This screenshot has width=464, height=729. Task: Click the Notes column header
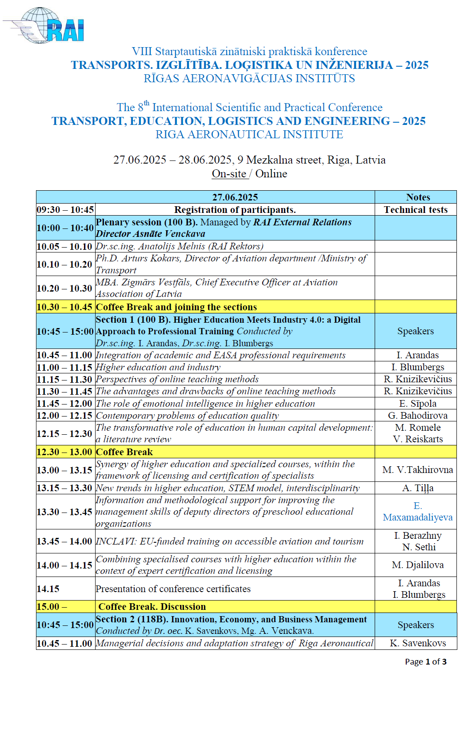tap(418, 197)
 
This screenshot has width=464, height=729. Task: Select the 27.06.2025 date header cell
tap(235, 197)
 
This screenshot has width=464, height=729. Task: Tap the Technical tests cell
tap(416, 210)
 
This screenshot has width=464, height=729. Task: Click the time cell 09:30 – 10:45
tap(65, 210)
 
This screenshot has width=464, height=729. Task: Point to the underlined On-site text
tap(229, 174)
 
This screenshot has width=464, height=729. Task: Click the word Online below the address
tap(271, 174)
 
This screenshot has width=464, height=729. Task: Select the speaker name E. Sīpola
tap(418, 404)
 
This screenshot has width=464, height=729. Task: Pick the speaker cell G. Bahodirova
tap(418, 416)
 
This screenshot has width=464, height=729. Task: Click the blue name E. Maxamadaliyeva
tap(418, 512)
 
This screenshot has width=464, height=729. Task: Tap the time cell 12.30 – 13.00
tap(64, 452)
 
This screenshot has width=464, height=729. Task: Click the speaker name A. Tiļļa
tap(418, 488)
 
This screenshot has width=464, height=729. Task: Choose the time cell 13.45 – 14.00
tap(64, 541)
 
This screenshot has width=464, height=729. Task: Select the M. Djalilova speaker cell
tap(418, 565)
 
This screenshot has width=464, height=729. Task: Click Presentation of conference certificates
tap(173, 589)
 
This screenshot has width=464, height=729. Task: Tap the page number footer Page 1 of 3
tap(425, 662)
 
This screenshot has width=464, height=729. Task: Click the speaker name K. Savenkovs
tap(418, 643)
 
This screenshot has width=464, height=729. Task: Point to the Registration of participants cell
tap(235, 210)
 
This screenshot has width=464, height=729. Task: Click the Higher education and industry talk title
tap(158, 367)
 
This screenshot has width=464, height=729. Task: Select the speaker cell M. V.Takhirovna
tap(418, 470)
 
